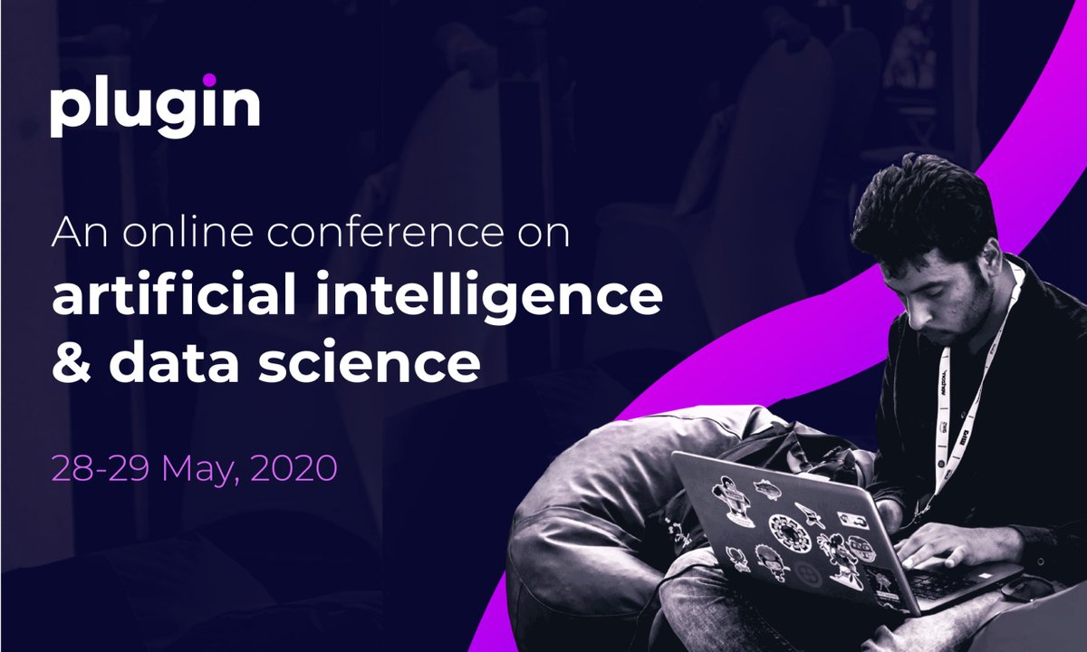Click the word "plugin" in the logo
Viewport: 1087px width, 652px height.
155,108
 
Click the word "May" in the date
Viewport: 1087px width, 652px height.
194,470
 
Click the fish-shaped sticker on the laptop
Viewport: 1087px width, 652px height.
767,488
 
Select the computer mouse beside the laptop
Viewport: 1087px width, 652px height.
1026,590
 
